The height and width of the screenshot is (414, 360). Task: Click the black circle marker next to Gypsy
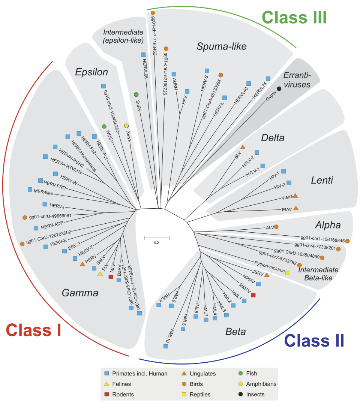pos(279,89)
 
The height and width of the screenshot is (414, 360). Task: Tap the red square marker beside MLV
pos(111,277)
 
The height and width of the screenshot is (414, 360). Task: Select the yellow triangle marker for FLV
pos(100,274)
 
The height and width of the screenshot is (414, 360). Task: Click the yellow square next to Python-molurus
pos(288,272)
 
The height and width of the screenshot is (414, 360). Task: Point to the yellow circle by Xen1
pos(126,126)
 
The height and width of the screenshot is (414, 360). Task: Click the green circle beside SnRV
pos(136,94)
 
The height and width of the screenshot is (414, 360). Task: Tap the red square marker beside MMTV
pos(253,295)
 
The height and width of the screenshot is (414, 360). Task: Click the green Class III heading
pos(294,18)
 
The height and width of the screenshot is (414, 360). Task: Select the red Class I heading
pos(34,330)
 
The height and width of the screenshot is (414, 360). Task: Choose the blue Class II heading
pos(314,341)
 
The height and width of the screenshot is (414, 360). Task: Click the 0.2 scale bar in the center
pos(157,238)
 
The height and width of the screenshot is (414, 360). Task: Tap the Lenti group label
pos(322,180)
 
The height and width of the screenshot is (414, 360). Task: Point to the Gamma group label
pos(80,293)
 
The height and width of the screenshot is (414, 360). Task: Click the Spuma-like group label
pos(222,46)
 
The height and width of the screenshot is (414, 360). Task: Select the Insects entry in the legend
pos(255,394)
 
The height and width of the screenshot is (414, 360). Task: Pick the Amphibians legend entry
pos(261,384)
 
